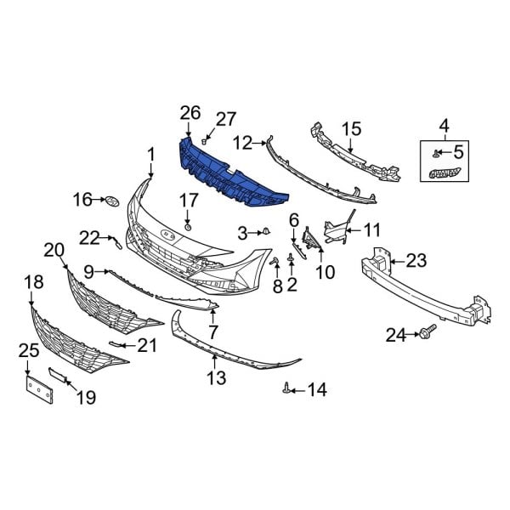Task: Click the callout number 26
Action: click(x=190, y=113)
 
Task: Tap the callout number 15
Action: click(x=352, y=130)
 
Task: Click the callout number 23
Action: click(x=416, y=259)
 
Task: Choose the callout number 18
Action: click(x=33, y=282)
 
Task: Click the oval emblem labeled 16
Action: click(x=111, y=201)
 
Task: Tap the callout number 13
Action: click(x=216, y=376)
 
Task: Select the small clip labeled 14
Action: click(x=288, y=388)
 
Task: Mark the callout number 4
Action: click(x=444, y=127)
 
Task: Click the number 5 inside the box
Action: click(x=459, y=153)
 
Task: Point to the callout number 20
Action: click(x=54, y=249)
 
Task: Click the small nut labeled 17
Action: click(x=187, y=228)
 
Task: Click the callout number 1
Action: click(x=150, y=155)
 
